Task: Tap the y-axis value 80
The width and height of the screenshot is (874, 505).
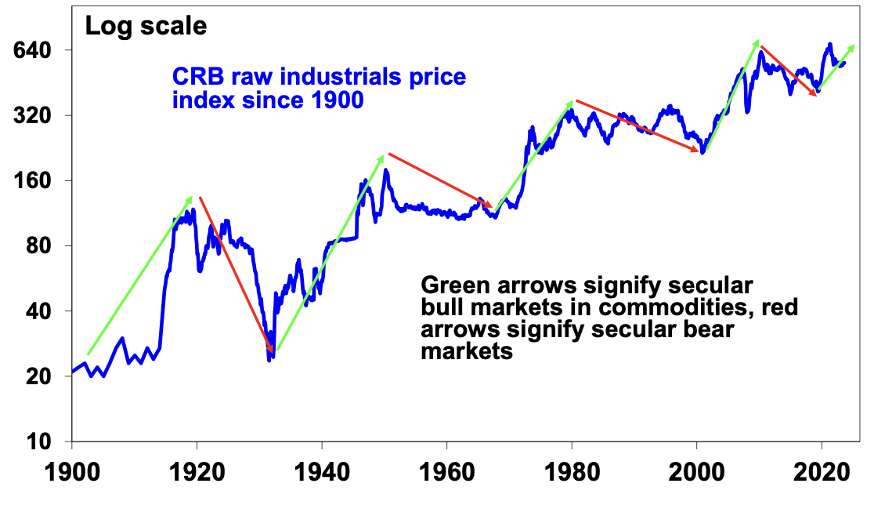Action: [38, 246]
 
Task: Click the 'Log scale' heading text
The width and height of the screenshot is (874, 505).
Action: [146, 26]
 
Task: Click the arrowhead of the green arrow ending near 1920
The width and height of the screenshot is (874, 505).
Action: [191, 198]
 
